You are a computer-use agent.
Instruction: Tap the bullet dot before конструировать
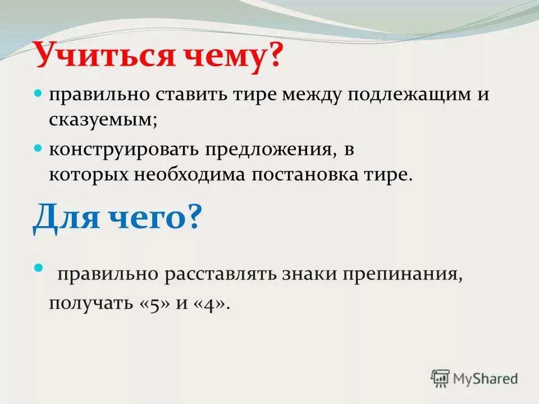(39, 149)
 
